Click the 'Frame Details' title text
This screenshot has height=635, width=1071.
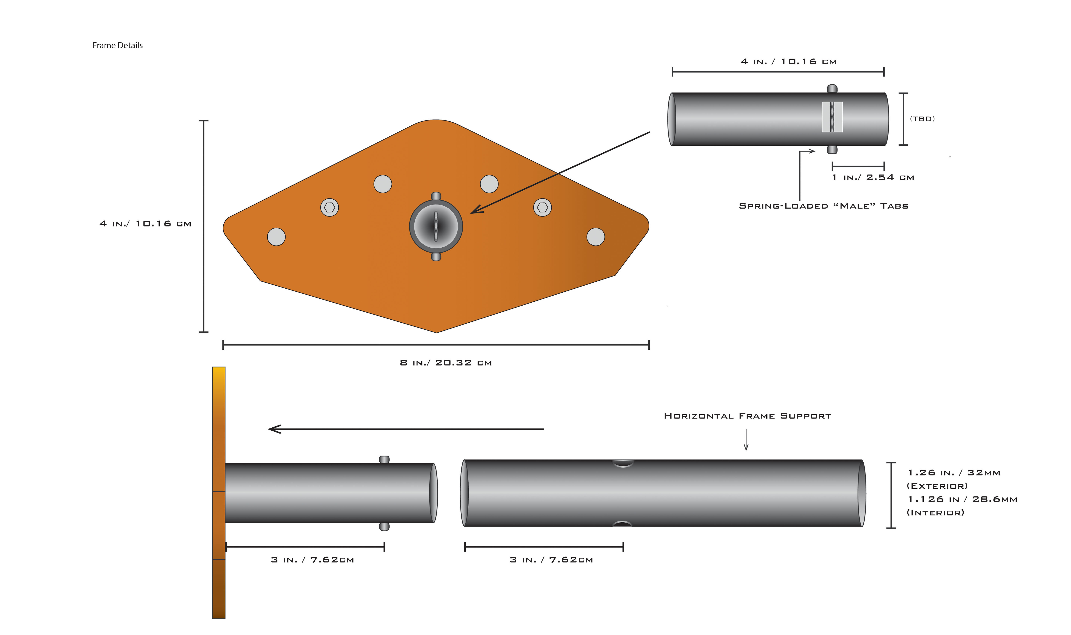118,45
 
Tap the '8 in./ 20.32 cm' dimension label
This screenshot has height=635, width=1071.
446,363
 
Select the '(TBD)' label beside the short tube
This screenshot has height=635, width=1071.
922,119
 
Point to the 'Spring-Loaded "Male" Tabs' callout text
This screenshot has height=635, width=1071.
823,206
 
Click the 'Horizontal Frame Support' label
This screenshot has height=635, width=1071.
747,416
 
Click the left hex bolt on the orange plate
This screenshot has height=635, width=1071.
329,208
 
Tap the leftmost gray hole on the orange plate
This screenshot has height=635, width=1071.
276,237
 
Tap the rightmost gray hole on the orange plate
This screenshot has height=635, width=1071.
596,237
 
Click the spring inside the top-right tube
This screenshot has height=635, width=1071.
832,117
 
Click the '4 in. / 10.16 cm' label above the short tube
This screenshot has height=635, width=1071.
788,62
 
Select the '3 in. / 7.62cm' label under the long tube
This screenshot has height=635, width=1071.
551,560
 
